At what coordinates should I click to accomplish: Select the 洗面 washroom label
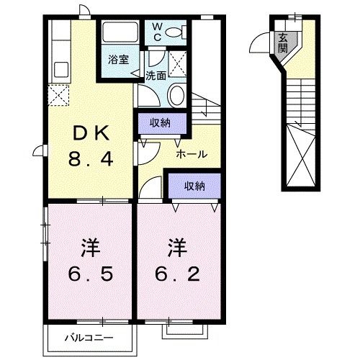[156, 74]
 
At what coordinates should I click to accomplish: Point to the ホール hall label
[192, 153]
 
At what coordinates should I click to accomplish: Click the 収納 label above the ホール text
[160, 122]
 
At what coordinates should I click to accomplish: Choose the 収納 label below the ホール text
[194, 186]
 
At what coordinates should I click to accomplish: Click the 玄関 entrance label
[284, 45]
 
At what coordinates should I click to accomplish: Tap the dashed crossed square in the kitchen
[58, 94]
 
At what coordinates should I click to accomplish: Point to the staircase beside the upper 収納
[205, 111]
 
